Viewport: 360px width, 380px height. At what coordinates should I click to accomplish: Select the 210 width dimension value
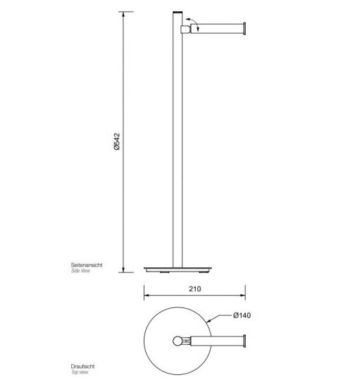coord(194,289)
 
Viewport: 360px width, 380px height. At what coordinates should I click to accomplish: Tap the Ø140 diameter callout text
coord(242,315)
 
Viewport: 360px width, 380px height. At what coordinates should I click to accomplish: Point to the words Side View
coord(81,270)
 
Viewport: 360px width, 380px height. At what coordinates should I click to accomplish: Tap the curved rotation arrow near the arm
coord(198,26)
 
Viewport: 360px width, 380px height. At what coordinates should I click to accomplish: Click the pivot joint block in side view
coord(185,29)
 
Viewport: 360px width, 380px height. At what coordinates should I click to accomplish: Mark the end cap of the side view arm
coord(244,29)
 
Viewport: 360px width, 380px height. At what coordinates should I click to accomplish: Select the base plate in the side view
coord(176,269)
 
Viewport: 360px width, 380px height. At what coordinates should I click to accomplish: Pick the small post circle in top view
coord(177,342)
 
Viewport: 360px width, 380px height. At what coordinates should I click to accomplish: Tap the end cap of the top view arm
coord(244,342)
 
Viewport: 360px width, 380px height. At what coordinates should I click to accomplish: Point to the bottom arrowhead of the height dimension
coord(123,270)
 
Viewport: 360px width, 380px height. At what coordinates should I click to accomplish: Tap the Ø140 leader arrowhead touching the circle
coord(204,321)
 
